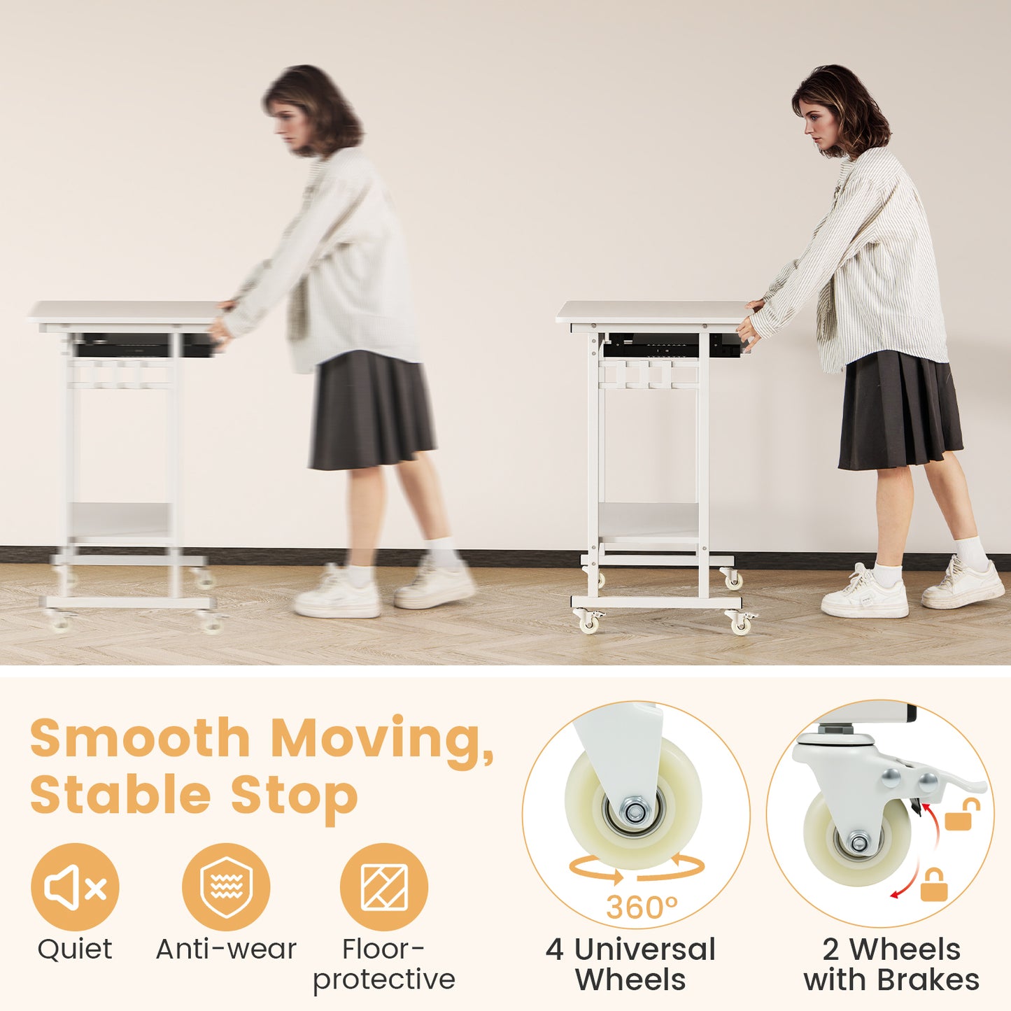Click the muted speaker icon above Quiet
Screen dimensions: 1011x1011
(x=75, y=887)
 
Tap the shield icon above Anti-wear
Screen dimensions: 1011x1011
(x=226, y=887)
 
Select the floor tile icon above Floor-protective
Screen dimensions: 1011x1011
(x=383, y=887)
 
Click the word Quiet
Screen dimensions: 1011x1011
(x=75, y=949)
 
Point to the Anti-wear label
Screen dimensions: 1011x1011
(x=226, y=949)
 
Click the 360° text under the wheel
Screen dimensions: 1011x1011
(x=642, y=907)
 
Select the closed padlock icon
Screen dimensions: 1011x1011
(x=933, y=885)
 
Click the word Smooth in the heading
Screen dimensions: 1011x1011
(x=140, y=738)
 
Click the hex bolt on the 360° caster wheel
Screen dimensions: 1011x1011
(x=635, y=812)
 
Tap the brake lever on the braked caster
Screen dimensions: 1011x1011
(x=962, y=784)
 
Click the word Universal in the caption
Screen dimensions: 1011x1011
(x=644, y=949)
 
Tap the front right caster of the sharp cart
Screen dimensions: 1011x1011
(x=740, y=622)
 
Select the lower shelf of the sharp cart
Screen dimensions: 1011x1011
(x=649, y=521)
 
